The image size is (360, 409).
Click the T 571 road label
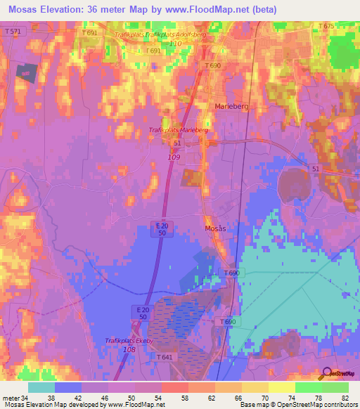pos(13,32)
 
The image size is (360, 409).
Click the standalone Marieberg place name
pos(231,105)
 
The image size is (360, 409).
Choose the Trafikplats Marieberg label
pos(179,130)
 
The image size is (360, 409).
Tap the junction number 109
pos(174,157)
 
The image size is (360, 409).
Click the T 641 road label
pos(165,358)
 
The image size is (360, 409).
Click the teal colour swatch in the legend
pos(41,387)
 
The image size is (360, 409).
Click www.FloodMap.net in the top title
pos(214,10)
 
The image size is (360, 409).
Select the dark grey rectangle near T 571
pos(26,72)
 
